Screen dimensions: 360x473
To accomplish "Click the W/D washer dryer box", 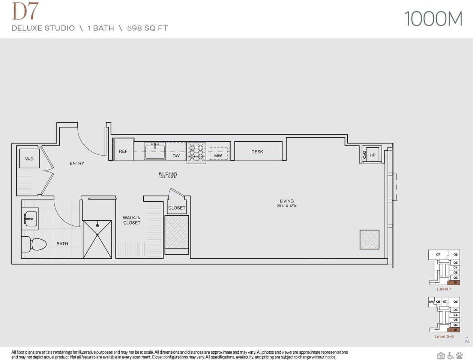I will (x=30, y=159).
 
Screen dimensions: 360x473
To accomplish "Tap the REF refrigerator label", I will (x=123, y=151).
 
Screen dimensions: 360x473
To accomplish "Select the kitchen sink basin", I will (x=155, y=151).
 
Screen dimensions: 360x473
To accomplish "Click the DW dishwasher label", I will (x=176, y=156).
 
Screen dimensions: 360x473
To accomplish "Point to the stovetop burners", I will (x=197, y=152).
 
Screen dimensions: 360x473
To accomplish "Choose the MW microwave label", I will (x=218, y=156).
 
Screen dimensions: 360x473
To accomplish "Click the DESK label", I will (x=257, y=152).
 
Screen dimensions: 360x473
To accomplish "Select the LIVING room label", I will (x=287, y=201).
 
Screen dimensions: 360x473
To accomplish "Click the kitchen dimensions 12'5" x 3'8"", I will (x=168, y=177).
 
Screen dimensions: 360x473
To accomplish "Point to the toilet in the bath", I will (x=35, y=244).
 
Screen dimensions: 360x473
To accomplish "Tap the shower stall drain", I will (x=98, y=234).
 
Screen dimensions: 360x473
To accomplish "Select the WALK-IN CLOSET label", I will (x=132, y=220).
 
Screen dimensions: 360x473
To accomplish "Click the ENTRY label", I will (x=77, y=163).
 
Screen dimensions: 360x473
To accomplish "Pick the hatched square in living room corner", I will (x=369, y=240).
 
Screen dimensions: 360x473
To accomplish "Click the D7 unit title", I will (x=25, y=12).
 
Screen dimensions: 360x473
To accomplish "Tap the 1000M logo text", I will (x=433, y=19).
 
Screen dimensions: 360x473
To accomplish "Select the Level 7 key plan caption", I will (x=444, y=289).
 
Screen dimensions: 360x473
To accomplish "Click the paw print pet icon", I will (x=460, y=355).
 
